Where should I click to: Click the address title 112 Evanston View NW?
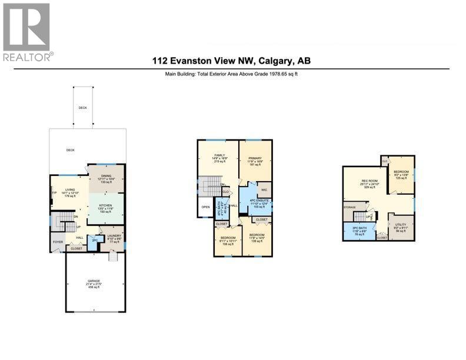tap(232, 61)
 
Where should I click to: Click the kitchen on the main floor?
tap(106, 209)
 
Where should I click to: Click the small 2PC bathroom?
tap(94, 241)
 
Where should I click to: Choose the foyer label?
tap(58, 241)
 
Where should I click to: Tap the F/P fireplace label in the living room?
tap(54, 192)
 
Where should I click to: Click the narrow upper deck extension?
tap(83, 107)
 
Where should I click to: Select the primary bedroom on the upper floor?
tap(255, 161)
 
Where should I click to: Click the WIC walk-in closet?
tap(264, 189)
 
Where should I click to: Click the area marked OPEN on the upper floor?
tap(205, 207)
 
